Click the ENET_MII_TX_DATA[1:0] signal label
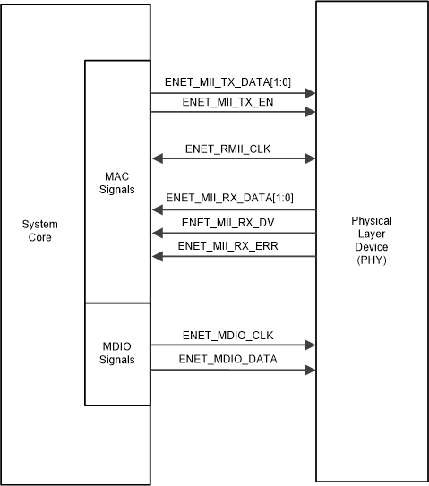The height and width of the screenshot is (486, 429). tap(228, 81)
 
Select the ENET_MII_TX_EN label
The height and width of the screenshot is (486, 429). tap(227, 101)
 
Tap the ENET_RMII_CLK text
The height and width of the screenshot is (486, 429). tap(228, 148)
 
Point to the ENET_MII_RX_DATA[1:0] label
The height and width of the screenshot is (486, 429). tap(229, 198)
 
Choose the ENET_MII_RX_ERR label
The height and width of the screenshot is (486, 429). tap(227, 245)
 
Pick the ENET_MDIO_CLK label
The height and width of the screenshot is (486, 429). tap(227, 335)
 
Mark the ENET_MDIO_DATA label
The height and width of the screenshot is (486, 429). tap(228, 359)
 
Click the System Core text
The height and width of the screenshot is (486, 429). tap(39, 231)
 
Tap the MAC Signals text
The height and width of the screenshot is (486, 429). tap(117, 183)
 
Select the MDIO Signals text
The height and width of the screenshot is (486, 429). tap(117, 353)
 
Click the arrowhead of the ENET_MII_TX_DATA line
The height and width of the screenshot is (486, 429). tap(310, 92)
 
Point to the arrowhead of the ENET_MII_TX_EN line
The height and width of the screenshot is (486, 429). tap(310, 112)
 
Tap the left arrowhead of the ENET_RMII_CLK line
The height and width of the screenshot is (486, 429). tap(157, 158)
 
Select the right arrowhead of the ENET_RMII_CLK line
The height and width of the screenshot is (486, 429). tap(310, 158)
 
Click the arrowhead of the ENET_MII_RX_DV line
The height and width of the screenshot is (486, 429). tap(157, 233)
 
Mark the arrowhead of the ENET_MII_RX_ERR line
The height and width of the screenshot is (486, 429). tap(157, 256)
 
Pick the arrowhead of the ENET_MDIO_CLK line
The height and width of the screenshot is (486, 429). tap(310, 345)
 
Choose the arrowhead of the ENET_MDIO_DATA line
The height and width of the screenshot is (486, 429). tap(310, 369)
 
